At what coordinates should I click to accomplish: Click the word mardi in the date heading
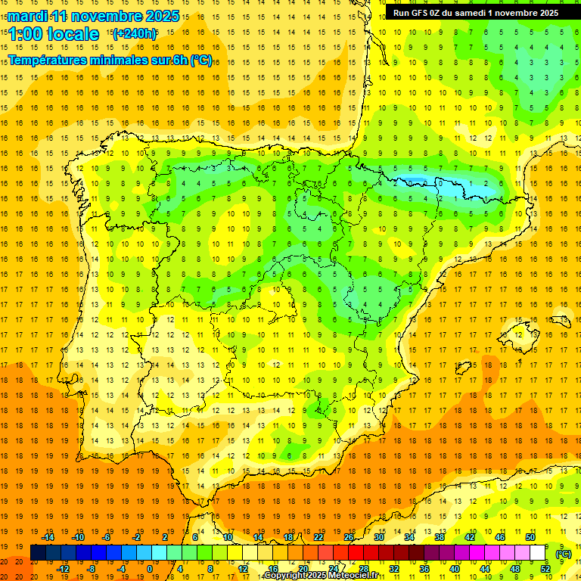[x=28, y=16]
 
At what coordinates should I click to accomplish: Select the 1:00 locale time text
[x=54, y=34]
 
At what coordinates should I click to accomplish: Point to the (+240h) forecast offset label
[x=135, y=34]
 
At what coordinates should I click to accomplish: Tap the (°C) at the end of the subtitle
[x=201, y=61]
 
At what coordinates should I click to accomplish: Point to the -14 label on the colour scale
[x=48, y=537]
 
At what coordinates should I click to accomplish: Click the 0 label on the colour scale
[x=150, y=569]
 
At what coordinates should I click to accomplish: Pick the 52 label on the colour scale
[x=545, y=569]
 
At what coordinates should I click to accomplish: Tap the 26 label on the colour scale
[x=348, y=537]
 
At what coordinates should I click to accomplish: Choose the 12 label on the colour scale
[x=242, y=569]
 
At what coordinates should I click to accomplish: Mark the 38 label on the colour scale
[x=440, y=537]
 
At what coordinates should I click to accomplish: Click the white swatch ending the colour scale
[x=538, y=553]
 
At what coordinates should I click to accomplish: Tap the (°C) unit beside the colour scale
[x=564, y=554]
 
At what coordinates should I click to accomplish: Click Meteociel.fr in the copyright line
[x=359, y=576]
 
